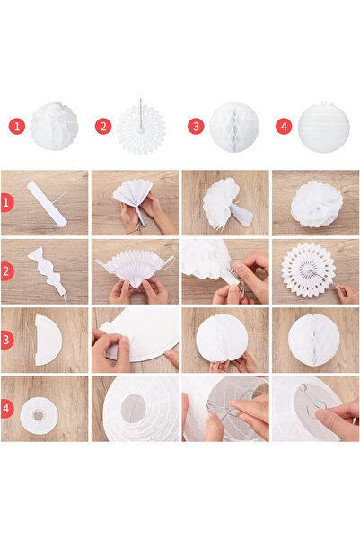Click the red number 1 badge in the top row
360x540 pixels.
[x=17, y=127]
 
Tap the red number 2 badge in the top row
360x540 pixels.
[x=103, y=127]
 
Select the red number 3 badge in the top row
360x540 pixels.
[x=196, y=127]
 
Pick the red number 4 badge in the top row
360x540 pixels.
[x=284, y=127]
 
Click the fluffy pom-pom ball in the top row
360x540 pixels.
[x=54, y=127]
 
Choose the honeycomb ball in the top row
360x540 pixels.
[x=234, y=127]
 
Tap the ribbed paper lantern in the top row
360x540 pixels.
[x=322, y=127]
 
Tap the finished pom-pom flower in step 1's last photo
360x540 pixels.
[x=317, y=205]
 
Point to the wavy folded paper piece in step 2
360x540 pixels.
[x=48, y=268]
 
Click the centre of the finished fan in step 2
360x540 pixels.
[x=308, y=269]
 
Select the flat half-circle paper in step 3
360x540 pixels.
[x=47, y=340]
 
